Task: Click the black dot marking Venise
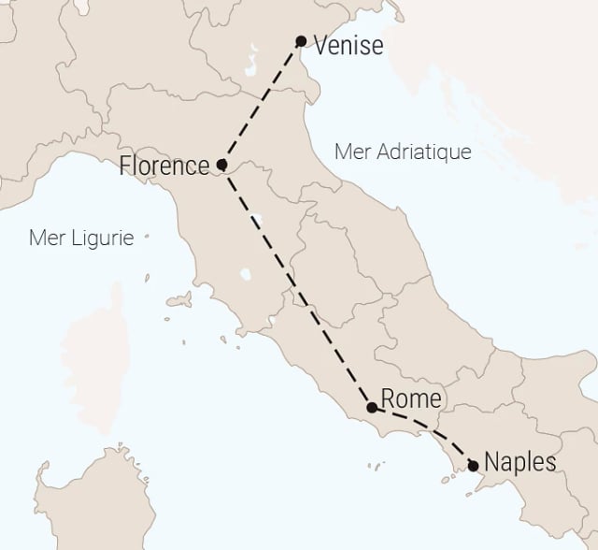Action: (301, 41)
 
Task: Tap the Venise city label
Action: (349, 44)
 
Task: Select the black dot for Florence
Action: (221, 166)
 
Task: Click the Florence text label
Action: (164, 166)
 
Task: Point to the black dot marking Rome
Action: (372, 408)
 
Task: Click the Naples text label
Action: (520, 462)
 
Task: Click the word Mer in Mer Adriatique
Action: (350, 152)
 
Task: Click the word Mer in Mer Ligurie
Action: (47, 238)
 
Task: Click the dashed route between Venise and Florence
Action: (262, 103)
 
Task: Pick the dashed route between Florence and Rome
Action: (297, 287)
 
